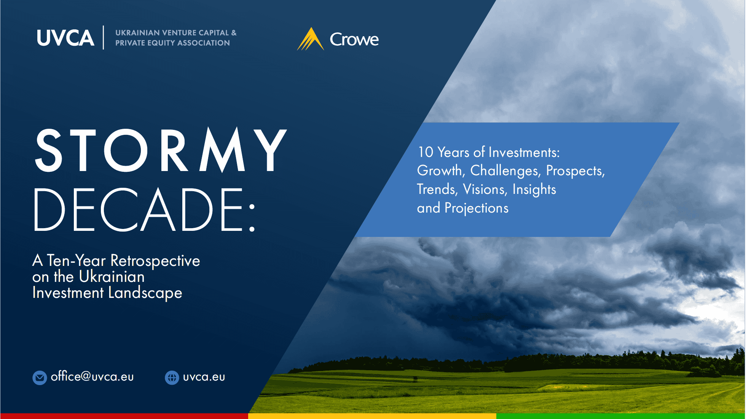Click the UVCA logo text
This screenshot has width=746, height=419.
click(65, 38)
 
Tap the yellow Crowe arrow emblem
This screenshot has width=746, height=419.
click(311, 39)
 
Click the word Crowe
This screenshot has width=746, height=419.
click(354, 39)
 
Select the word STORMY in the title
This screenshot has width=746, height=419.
click(161, 150)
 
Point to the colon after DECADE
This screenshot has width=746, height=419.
click(252, 217)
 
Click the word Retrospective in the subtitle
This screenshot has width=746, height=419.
click(155, 261)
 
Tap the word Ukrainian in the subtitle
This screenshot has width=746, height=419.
click(112, 277)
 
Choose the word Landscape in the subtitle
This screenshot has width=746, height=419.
click(145, 293)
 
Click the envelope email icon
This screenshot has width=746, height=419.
click(40, 377)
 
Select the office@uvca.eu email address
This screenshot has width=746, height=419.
click(92, 376)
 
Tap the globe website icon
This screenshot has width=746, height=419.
click(172, 377)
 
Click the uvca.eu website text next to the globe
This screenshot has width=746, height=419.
click(204, 377)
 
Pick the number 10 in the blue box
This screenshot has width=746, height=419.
click(426, 152)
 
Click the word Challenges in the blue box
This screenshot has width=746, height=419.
click(505, 171)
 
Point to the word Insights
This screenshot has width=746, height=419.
click(534, 189)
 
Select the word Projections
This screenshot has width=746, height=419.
click(477, 208)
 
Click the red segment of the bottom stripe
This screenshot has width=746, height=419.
click(124, 416)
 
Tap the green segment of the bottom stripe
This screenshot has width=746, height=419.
click(621, 416)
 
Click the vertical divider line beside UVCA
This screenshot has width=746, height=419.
click(103, 37)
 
